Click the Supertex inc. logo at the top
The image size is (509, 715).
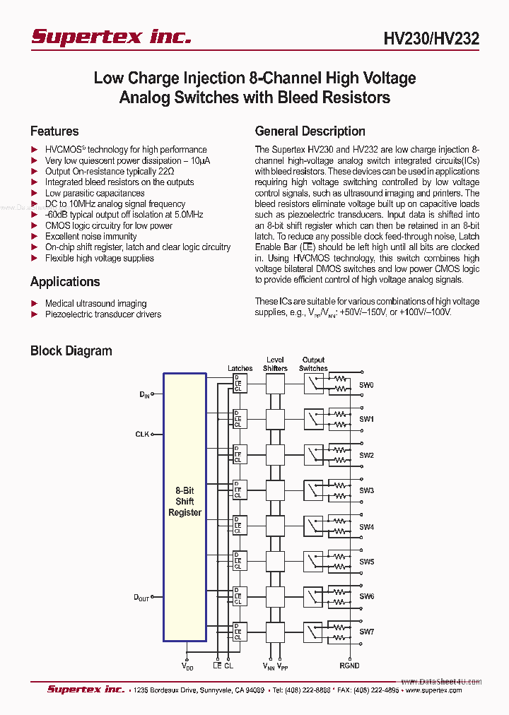(x=110, y=37)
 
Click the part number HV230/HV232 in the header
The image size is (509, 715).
(x=432, y=39)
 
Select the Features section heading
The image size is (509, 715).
(x=54, y=131)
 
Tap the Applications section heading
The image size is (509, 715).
(x=65, y=282)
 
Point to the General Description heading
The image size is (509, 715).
(x=310, y=131)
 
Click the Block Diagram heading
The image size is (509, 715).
(x=71, y=351)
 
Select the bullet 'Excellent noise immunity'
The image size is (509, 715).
(x=90, y=237)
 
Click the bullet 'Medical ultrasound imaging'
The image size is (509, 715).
(x=95, y=303)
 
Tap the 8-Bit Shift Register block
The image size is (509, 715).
(x=185, y=502)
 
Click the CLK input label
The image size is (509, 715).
(x=142, y=434)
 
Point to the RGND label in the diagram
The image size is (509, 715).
(x=349, y=666)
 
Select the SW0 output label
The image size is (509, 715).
(x=366, y=385)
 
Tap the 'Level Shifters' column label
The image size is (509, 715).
(x=275, y=364)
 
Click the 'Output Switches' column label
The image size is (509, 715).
(x=313, y=364)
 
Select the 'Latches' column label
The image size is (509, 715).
(x=240, y=368)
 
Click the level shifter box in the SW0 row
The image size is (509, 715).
(x=275, y=384)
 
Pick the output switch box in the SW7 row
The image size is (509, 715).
(x=313, y=630)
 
